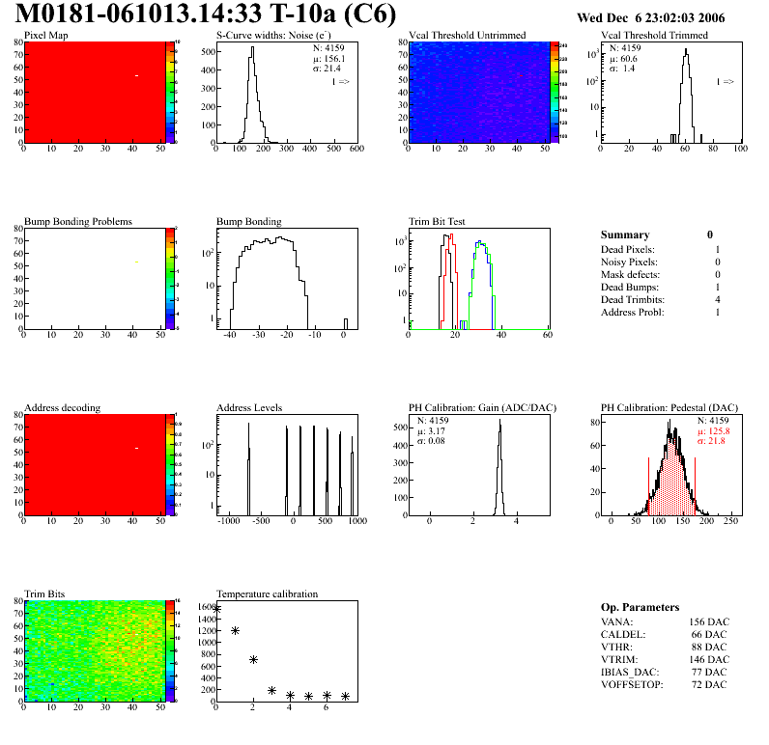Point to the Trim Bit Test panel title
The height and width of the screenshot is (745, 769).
(x=437, y=222)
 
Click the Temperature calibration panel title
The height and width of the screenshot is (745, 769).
(x=267, y=593)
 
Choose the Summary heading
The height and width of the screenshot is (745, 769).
(x=625, y=235)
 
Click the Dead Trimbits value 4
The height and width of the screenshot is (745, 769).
(x=716, y=300)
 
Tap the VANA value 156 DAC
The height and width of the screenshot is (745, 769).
(x=708, y=621)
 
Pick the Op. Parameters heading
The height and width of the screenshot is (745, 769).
(x=640, y=607)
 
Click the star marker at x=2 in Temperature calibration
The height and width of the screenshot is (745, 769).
(x=253, y=659)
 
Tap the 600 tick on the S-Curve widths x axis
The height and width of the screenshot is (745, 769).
(x=356, y=150)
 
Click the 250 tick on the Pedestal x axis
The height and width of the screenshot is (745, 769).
(x=730, y=521)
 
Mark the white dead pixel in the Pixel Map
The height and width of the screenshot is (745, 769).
(x=137, y=75)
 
